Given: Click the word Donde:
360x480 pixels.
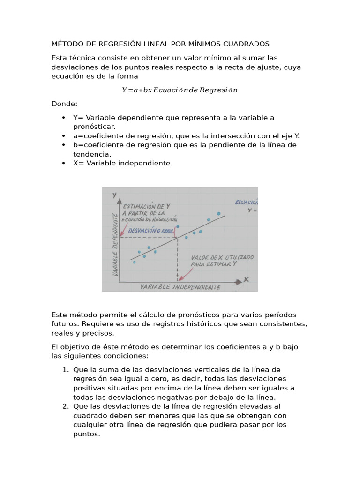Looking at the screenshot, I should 65,104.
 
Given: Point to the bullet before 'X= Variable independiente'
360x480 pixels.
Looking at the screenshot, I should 63,163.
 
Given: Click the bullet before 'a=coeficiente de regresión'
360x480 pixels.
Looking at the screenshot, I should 63,136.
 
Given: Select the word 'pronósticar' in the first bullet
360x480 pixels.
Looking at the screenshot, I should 94,127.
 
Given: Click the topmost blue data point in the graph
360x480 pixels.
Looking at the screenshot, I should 218,213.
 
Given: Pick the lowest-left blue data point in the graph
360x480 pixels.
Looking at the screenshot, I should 134,262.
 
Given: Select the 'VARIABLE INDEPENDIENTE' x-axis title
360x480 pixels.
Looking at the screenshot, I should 180,286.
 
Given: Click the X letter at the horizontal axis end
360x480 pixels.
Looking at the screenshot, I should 246,279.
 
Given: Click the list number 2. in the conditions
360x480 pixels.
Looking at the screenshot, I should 66,406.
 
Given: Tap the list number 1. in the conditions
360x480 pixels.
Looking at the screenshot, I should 66,370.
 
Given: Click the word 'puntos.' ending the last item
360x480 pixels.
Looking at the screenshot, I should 87,434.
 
